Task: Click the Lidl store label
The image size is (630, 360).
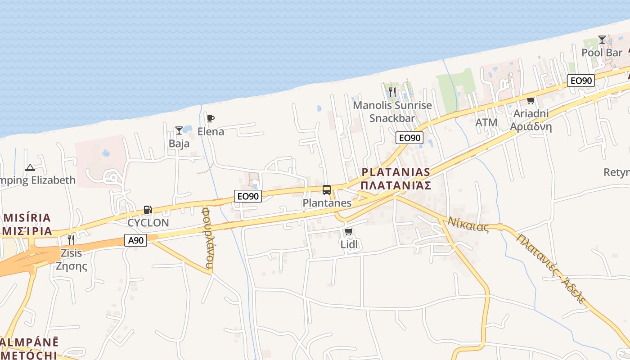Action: point(349,244)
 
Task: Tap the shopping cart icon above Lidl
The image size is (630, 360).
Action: point(348,232)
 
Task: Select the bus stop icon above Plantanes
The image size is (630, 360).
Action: point(327,190)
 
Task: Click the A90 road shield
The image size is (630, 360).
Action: point(135,240)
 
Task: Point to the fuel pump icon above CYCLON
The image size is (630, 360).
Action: point(148,210)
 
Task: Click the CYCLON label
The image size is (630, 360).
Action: point(148,223)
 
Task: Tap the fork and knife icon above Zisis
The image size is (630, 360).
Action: point(71,239)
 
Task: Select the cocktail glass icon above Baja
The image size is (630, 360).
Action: point(179,131)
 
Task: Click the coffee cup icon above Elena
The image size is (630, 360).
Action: point(210,119)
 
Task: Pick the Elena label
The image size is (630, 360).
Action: point(211,131)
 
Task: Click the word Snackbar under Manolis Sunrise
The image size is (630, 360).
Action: point(391,118)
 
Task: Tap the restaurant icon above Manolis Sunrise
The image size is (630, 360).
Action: point(392,92)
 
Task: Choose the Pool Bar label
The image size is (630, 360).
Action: point(602,53)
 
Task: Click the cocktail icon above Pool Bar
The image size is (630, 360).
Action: point(602,40)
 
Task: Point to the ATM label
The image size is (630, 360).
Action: point(486,122)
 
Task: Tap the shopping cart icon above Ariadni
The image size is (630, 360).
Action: point(531,100)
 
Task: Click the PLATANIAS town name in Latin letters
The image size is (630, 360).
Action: point(396,172)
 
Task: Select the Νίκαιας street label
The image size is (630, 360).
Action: point(468,224)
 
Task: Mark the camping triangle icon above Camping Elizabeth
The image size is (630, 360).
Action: point(30,168)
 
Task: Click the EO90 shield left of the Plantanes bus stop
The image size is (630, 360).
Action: point(248,196)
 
